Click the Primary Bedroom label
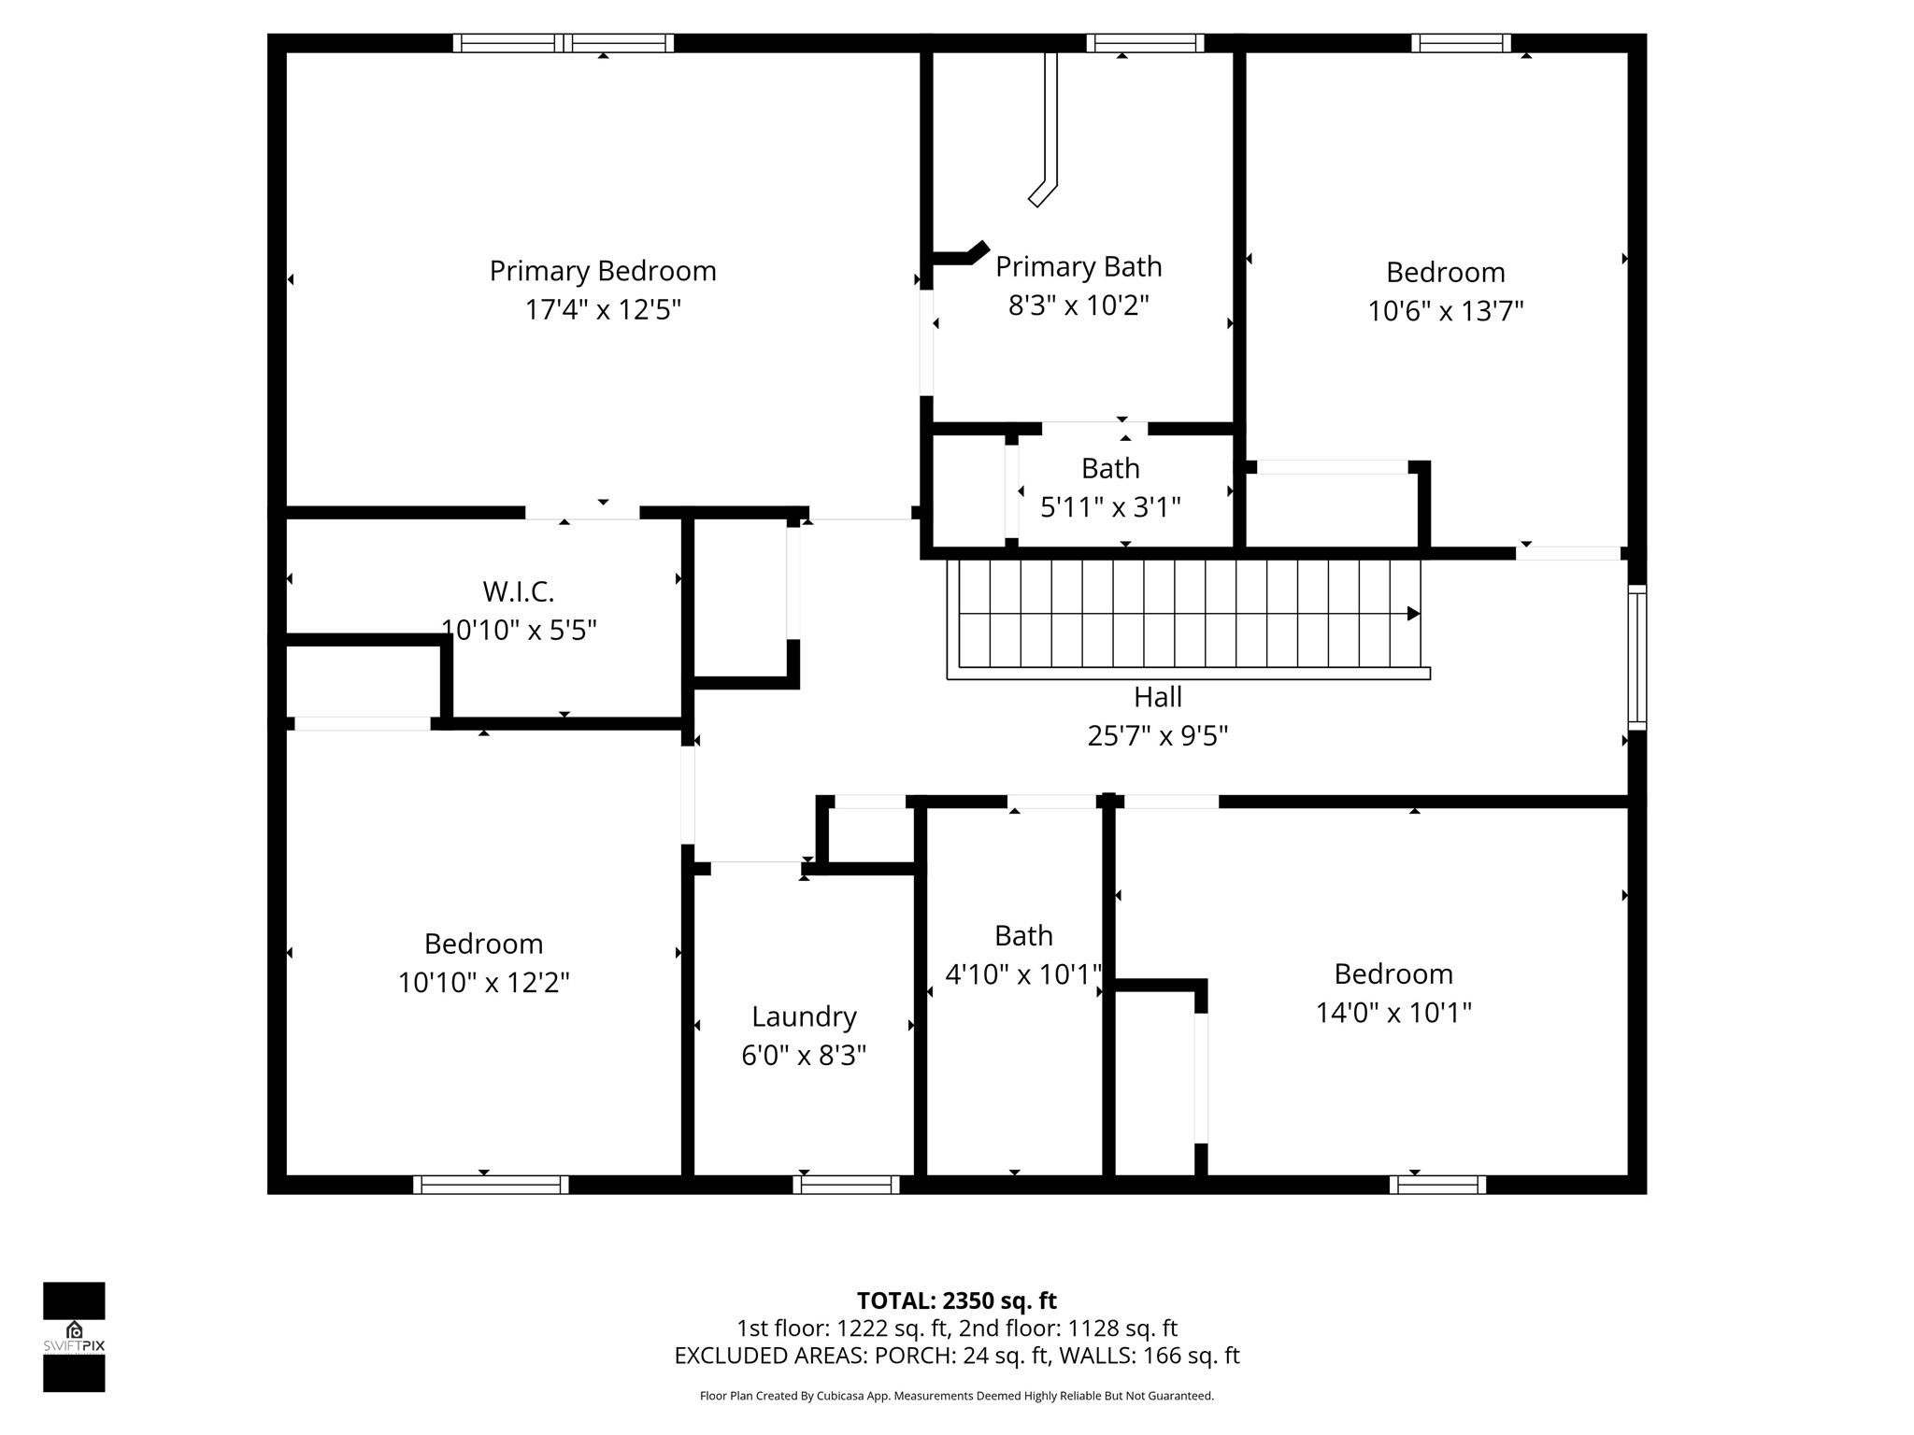pos(603,271)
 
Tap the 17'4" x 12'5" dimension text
pos(603,310)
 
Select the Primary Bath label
pos(1078,267)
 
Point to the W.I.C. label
pos(519,591)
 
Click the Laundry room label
pos(804,1016)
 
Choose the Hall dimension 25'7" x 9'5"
pos(1157,736)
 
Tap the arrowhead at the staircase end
pos(1413,614)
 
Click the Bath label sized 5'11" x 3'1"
pos(1110,468)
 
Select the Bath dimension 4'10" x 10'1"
pos(1023,974)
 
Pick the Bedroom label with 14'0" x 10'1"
pos(1393,973)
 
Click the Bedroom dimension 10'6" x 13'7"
pos(1445,311)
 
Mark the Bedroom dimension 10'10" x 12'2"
pos(483,983)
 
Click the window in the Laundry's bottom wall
pos(846,1185)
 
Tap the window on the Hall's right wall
pos(1636,657)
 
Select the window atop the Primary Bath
pos(1145,43)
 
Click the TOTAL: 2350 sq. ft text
pos(956,1300)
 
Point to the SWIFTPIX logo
pos(74,1337)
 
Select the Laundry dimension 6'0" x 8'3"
pos(804,1056)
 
